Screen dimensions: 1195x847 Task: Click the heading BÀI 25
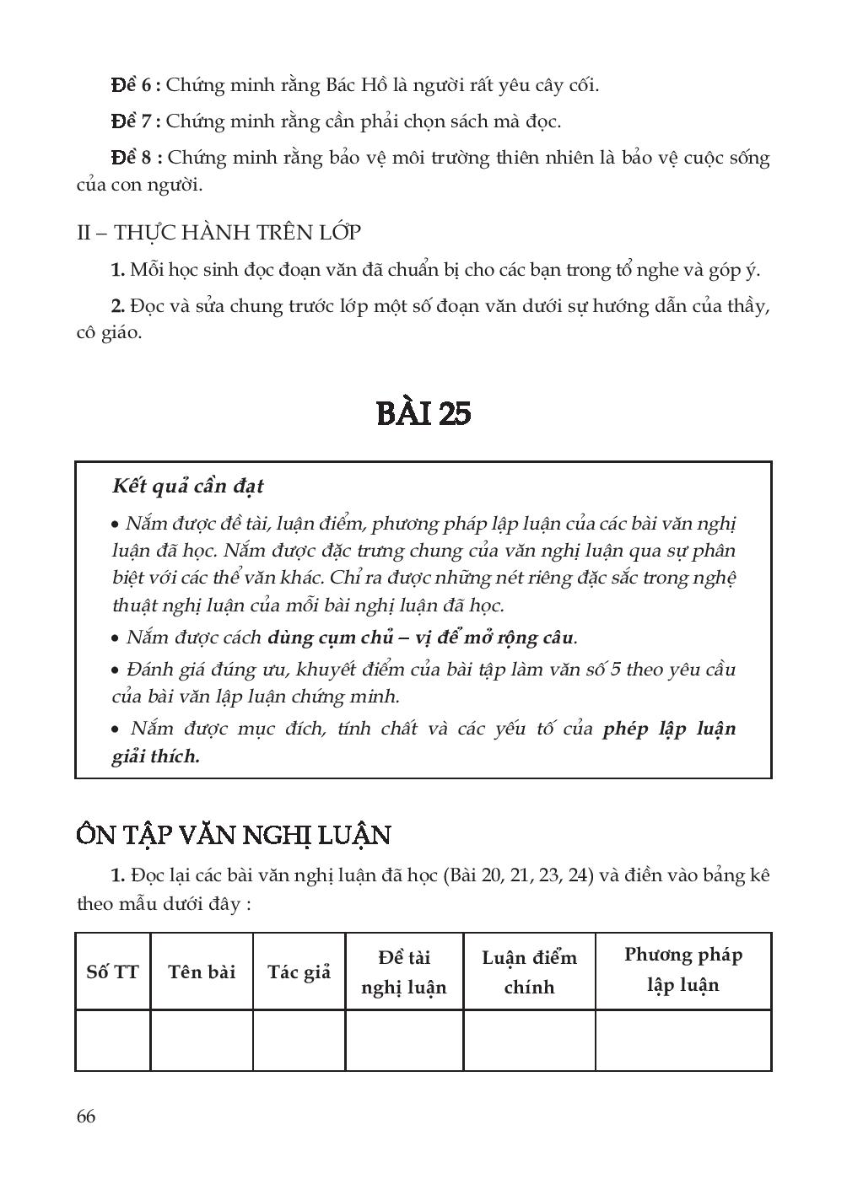(423, 413)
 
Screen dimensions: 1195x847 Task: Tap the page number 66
(85, 1117)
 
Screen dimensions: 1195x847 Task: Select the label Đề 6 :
(136, 85)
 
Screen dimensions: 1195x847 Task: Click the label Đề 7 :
(136, 121)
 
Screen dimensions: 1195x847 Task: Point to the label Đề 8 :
(136, 158)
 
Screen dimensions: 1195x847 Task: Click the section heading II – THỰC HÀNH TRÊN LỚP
(219, 232)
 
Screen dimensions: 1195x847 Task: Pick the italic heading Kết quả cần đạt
(187, 487)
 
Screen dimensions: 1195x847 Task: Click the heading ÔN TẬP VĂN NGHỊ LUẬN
(233, 835)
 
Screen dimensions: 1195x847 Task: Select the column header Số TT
(112, 972)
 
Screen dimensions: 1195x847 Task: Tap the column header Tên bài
(202, 972)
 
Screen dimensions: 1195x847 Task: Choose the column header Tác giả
(299, 972)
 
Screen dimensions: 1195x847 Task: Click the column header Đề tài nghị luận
(404, 972)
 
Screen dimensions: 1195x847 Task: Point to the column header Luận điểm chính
(529, 972)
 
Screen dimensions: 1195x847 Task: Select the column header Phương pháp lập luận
(683, 970)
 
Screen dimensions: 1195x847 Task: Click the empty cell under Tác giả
(299, 1040)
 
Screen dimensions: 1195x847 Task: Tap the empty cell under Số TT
(112, 1040)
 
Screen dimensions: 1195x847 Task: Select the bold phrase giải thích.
(156, 756)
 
